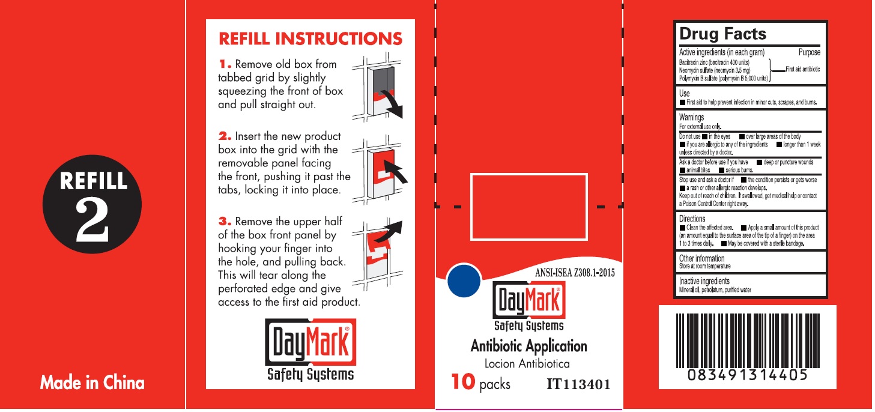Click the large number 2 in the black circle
pyautogui.click(x=92, y=220)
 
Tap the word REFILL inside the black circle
pyautogui.click(x=93, y=181)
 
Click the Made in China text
pyautogui.click(x=92, y=383)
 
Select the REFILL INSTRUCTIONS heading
pyautogui.click(x=310, y=38)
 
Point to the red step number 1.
pyautogui.click(x=225, y=64)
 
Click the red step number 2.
pyautogui.click(x=225, y=136)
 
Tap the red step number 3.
pyautogui.click(x=225, y=222)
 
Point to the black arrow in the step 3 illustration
pyautogui.click(x=389, y=232)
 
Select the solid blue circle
pyautogui.click(x=464, y=280)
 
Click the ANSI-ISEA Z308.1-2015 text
pyautogui.click(x=575, y=273)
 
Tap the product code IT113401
pyautogui.click(x=578, y=384)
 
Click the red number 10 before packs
pyautogui.click(x=463, y=381)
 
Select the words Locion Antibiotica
pyautogui.click(x=527, y=363)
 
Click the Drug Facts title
pyautogui.click(x=722, y=34)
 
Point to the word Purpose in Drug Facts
pyautogui.click(x=810, y=52)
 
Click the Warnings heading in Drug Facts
pyautogui.click(x=691, y=117)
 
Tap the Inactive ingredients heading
pyautogui.click(x=704, y=281)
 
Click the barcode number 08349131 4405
pyautogui.click(x=747, y=375)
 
